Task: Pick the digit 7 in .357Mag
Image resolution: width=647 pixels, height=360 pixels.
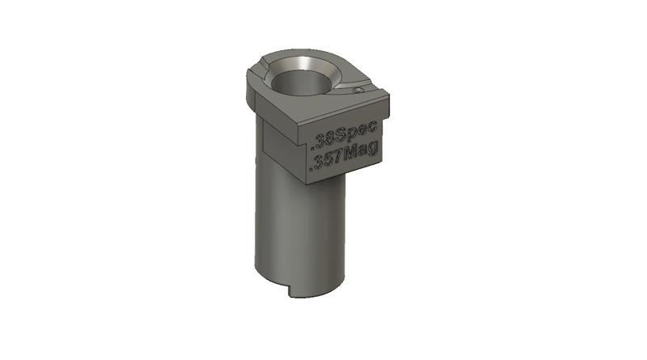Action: point(338,160)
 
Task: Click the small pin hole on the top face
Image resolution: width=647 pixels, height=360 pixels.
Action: point(357,91)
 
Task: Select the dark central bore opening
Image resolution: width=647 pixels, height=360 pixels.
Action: point(301,84)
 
